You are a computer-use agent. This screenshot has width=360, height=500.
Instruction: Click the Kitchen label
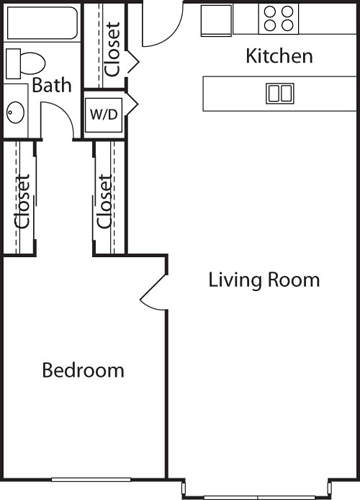coord(279,57)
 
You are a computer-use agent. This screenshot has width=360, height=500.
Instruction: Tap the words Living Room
coord(264,280)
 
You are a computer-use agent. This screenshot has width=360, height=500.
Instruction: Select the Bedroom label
coord(83,371)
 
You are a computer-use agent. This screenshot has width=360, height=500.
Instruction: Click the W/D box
coord(103,113)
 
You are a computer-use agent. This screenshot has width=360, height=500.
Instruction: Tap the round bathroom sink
coord(16,112)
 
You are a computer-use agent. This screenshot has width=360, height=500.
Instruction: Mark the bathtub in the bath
coord(41,22)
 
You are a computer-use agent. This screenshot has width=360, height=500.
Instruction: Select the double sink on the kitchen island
coord(279,94)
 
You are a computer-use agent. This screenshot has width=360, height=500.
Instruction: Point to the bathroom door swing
coord(62,125)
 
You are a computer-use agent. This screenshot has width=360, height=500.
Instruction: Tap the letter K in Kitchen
coord(251,57)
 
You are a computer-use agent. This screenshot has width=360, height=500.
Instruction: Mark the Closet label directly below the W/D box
coord(105,201)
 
